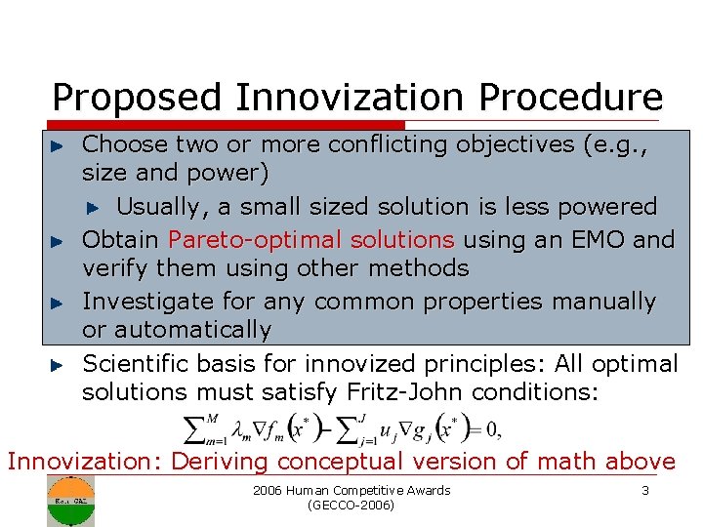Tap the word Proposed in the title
(139, 98)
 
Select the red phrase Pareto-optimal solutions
(311, 239)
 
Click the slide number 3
(645, 490)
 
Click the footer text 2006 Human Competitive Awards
(351, 490)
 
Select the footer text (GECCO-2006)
(351, 506)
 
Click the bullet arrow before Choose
(58, 145)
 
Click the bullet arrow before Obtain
(58, 240)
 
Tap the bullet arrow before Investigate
(58, 303)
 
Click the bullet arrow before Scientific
(58, 365)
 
